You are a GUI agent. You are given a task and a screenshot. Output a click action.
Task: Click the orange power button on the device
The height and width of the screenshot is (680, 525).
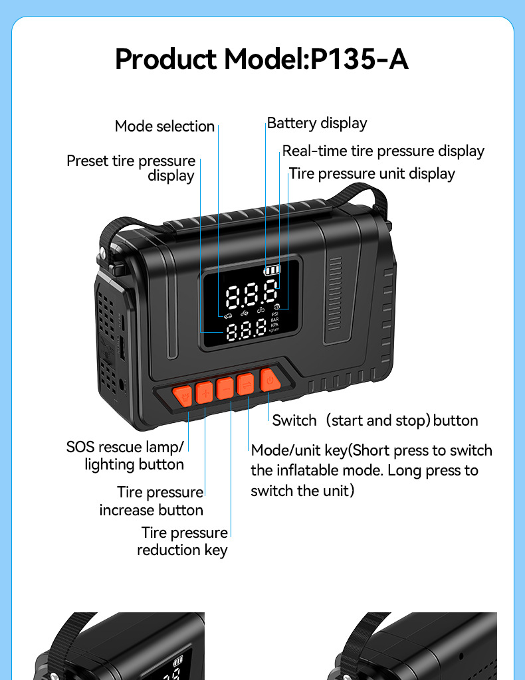(270, 381)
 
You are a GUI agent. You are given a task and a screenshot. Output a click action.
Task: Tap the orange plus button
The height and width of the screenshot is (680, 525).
(205, 392)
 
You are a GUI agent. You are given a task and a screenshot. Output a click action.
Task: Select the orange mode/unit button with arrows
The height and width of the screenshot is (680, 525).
(246, 384)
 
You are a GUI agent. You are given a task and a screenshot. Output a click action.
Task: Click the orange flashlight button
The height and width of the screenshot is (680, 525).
(183, 396)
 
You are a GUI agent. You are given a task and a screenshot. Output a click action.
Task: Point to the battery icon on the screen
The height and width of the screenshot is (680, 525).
(272, 270)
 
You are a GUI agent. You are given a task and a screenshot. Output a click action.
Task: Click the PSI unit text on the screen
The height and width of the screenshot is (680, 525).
(274, 314)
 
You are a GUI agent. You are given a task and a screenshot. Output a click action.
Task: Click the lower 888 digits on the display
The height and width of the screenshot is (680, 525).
(246, 329)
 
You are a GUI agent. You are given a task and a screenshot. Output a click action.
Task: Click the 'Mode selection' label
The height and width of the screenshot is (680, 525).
(164, 126)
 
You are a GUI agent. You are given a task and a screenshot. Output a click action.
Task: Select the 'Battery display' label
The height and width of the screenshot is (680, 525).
(317, 123)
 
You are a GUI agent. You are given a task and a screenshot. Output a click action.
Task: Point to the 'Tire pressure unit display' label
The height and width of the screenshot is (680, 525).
(372, 173)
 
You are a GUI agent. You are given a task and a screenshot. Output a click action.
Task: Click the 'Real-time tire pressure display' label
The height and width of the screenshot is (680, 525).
(383, 151)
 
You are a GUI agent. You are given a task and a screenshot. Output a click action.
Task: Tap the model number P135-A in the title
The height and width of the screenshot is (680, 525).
(360, 59)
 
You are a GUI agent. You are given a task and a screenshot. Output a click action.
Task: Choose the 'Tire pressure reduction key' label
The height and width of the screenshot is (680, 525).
(183, 541)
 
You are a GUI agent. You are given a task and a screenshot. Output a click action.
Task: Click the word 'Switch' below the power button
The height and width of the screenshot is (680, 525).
(294, 420)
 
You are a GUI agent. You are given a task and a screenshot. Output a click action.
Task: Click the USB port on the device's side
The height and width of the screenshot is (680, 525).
(122, 348)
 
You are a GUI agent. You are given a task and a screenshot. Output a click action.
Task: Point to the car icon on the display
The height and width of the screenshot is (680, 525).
(228, 315)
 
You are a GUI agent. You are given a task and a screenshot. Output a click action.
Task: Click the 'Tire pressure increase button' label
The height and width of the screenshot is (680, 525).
(152, 501)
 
